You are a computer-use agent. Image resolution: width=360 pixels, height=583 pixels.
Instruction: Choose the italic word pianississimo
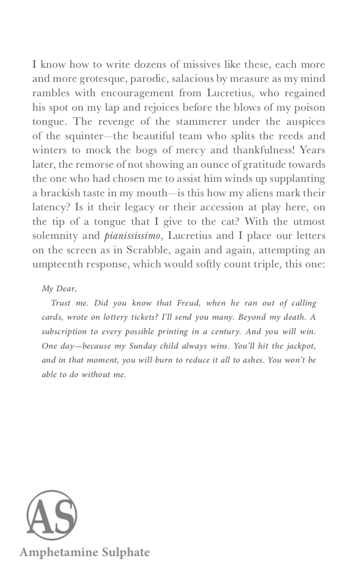[x=133, y=236]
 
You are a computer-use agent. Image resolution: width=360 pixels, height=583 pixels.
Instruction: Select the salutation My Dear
[x=59, y=289]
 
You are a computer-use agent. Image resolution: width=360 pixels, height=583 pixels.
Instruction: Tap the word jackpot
[x=301, y=346]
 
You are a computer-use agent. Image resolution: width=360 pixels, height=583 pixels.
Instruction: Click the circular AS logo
[x=52, y=515]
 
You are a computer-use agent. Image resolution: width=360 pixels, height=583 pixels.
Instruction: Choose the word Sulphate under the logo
[x=126, y=553]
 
